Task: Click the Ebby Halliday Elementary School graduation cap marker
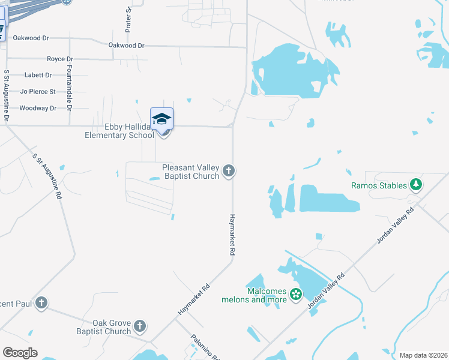pos(161,119)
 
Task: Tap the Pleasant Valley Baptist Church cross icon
pos(228,172)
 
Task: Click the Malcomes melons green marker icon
pos(295,294)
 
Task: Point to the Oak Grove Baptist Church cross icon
pos(139,326)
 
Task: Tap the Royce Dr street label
pos(60,59)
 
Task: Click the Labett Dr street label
pos(38,76)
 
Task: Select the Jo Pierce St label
pos(38,92)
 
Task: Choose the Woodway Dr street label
pos(38,108)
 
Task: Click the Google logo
pos(20,353)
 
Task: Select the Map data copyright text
pos(423,355)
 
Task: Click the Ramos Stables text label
pos(379,185)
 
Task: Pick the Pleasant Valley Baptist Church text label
pos(190,172)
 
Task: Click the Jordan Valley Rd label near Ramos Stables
pos(396,226)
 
